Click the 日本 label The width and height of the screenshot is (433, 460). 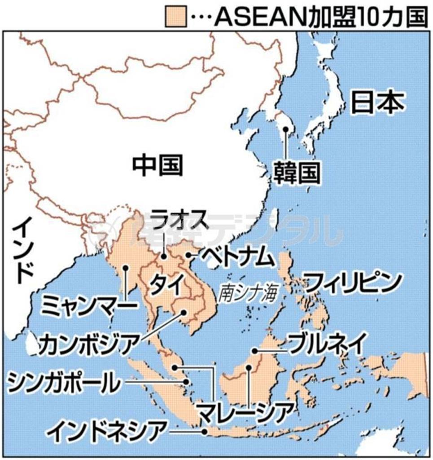click(377, 103)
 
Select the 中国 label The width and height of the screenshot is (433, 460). click(157, 165)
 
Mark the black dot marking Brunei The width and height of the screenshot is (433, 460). click(254, 351)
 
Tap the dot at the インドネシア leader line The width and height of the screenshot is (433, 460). click(205, 432)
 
